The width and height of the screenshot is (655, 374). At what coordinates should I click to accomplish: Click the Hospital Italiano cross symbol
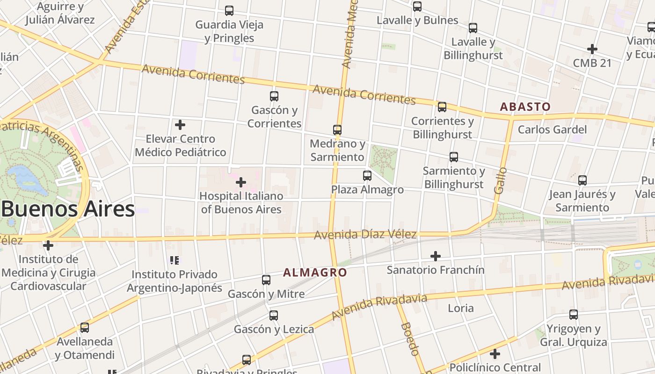241,182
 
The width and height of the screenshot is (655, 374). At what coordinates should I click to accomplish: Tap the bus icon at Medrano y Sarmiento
337,129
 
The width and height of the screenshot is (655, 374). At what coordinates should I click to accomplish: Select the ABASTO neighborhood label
525,107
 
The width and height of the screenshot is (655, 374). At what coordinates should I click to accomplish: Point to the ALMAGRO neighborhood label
315,273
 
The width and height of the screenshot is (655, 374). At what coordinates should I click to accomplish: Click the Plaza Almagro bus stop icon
367,175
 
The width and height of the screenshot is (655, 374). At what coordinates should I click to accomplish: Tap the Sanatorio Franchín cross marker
436,256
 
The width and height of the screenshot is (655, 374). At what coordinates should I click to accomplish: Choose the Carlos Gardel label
552,129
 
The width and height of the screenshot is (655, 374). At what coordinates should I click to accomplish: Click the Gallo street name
500,180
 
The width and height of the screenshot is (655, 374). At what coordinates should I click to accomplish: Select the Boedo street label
409,339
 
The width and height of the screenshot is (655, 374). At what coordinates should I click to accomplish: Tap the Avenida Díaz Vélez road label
365,234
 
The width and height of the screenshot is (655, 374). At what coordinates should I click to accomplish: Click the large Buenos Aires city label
68,209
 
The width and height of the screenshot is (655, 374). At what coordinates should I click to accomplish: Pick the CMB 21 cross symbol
592,49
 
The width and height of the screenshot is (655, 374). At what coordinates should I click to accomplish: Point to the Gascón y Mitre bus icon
266,280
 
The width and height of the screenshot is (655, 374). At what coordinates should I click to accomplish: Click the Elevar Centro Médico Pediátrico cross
180,125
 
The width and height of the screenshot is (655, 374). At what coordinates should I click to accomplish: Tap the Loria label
461,308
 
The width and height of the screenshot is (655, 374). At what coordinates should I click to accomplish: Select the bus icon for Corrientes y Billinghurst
442,107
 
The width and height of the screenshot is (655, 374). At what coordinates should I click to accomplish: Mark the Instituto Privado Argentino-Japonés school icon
175,260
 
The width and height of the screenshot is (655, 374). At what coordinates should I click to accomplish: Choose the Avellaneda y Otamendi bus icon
85,328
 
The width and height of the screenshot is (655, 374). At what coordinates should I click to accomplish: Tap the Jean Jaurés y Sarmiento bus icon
582,180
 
